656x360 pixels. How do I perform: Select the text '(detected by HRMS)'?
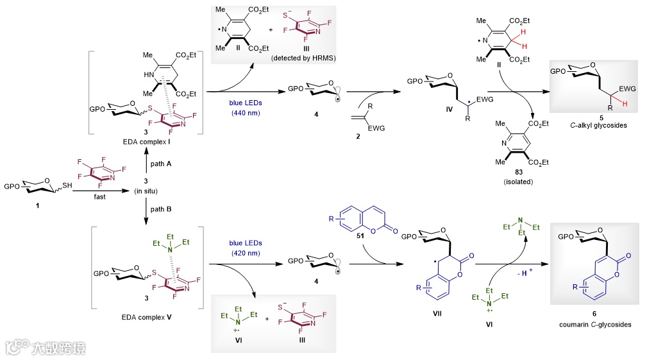[x=300, y=58]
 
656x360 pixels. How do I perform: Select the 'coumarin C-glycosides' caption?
[x=594, y=325]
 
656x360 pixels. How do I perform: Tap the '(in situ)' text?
[x=146, y=190]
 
